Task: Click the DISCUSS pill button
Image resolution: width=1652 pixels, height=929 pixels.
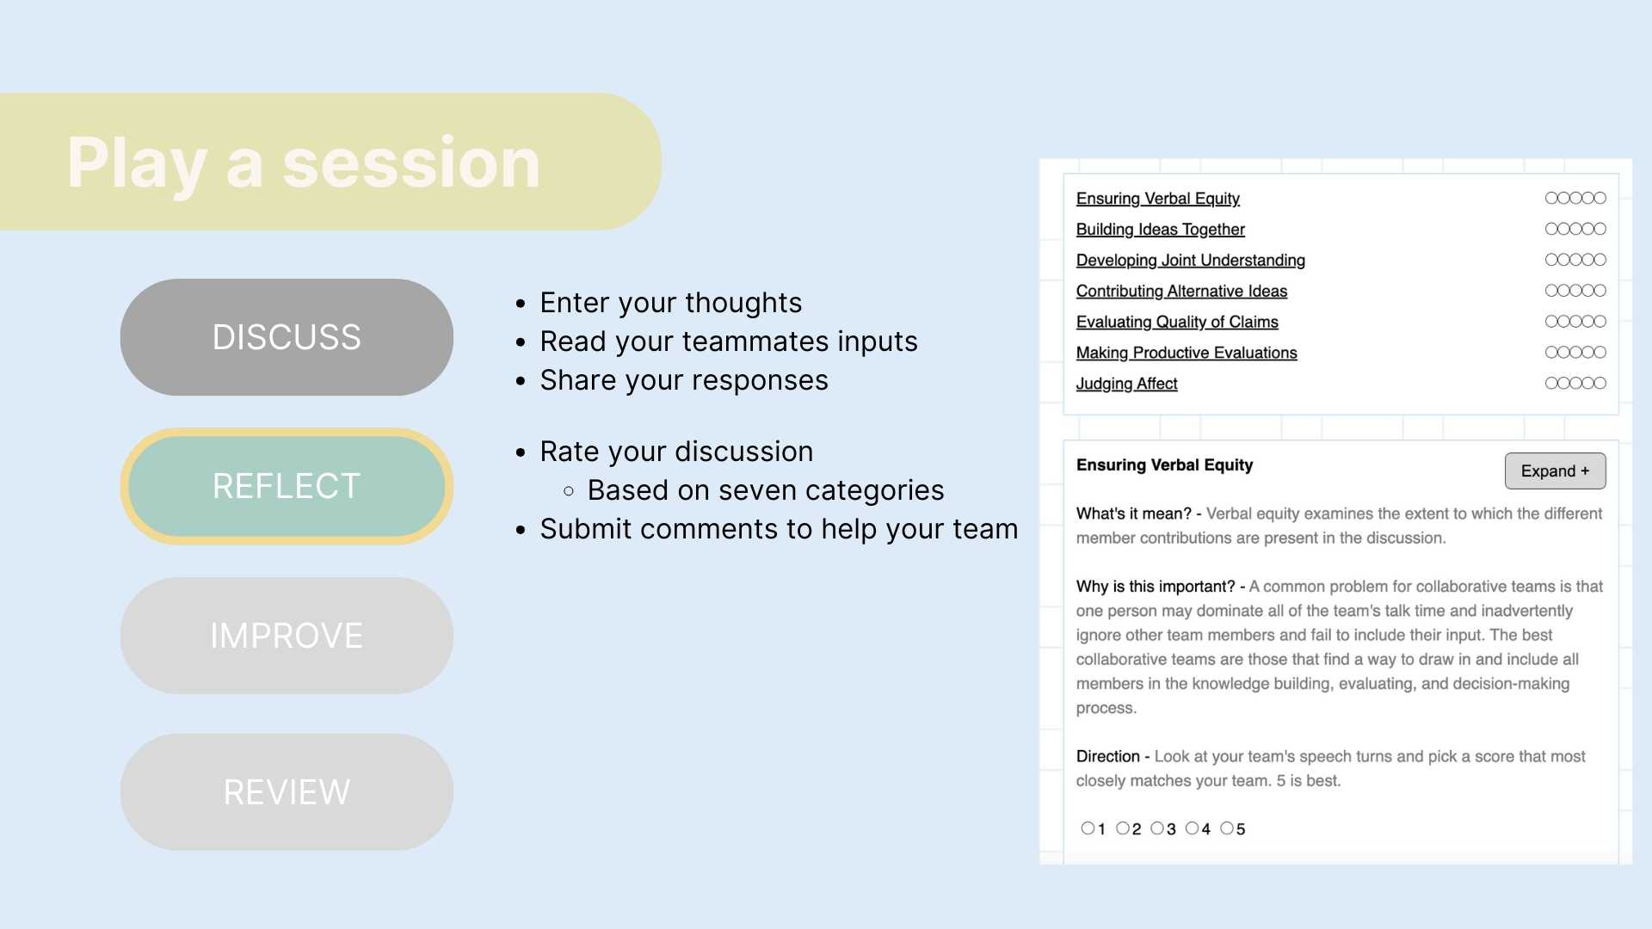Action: pyautogui.click(x=287, y=337)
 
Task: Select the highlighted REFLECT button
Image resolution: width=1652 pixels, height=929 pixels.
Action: pyautogui.click(x=287, y=486)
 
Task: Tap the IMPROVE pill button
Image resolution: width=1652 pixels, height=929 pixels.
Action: pyautogui.click(x=287, y=636)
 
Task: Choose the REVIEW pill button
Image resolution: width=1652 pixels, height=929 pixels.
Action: pyautogui.click(x=287, y=792)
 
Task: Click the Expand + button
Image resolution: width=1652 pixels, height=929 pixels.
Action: pyautogui.click(x=1555, y=471)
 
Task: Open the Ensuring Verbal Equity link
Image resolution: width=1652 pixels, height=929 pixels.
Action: pyautogui.click(x=1157, y=199)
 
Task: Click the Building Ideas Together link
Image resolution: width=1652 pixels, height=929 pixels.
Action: pyautogui.click(x=1160, y=230)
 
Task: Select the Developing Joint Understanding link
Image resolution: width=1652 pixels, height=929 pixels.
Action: pyautogui.click(x=1190, y=261)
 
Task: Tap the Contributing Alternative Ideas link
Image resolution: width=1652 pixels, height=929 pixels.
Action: pyautogui.click(x=1181, y=292)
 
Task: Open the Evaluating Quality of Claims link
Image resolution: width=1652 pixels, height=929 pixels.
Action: pyautogui.click(x=1177, y=323)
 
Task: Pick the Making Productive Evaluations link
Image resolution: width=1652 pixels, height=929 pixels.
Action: pyautogui.click(x=1187, y=353)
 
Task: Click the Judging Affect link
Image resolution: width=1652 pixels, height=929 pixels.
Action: pyautogui.click(x=1126, y=384)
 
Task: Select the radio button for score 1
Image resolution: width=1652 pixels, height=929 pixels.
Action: pyautogui.click(x=1088, y=828)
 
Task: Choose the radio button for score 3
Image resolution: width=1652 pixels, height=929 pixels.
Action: pyautogui.click(x=1157, y=828)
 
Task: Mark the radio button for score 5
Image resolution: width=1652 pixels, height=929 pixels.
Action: pyautogui.click(x=1227, y=828)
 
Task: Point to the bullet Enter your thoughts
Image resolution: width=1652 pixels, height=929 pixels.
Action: pyautogui.click(x=671, y=303)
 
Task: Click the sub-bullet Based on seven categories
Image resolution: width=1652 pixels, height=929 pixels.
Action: pyautogui.click(x=766, y=490)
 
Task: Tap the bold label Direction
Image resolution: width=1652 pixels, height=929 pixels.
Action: pyautogui.click(x=1107, y=756)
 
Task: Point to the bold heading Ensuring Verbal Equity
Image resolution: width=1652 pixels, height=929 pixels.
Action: pyautogui.click(x=1164, y=465)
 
